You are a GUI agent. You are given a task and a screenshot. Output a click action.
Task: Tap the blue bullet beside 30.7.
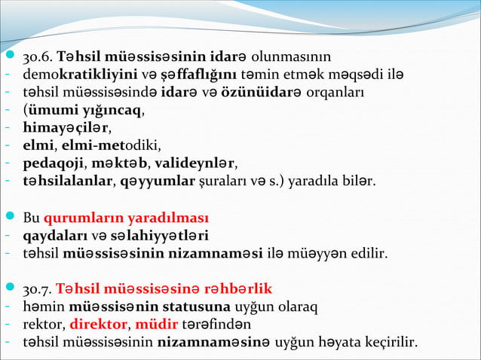(x=8, y=288)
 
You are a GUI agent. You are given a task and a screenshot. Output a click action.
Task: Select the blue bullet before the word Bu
(x=8, y=218)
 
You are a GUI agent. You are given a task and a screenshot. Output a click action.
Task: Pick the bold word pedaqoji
(x=54, y=163)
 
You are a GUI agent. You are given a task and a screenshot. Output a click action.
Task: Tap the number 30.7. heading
(x=38, y=288)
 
